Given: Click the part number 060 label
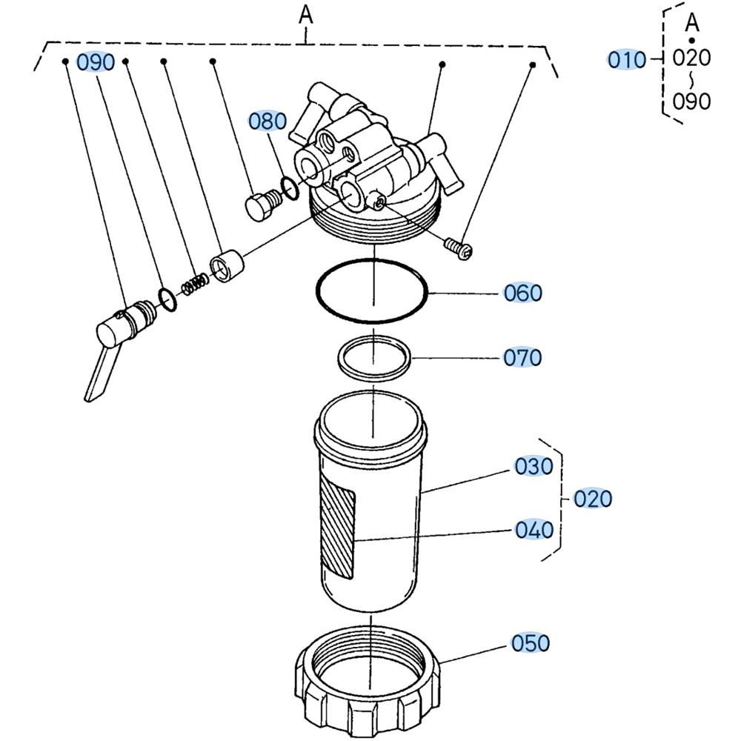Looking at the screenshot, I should [523, 293].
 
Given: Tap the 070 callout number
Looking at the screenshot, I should [523, 358].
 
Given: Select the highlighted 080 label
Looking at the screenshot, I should [267, 122].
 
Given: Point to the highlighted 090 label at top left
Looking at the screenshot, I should [96, 63].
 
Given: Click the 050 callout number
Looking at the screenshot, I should [531, 643].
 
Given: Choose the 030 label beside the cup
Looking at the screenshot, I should [534, 467].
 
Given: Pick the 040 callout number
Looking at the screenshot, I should [534, 531].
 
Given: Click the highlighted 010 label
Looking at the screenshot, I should [627, 60].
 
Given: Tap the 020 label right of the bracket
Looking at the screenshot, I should [593, 499].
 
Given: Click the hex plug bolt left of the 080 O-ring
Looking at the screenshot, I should [259, 205].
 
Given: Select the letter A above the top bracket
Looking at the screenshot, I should [306, 15].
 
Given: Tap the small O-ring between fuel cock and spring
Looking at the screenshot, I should [168, 298].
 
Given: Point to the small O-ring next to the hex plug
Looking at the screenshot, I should [290, 187].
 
